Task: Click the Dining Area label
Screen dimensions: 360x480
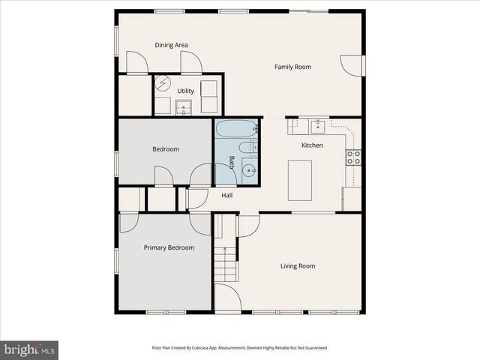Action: pos(171,45)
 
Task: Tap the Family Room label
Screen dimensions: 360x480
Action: pos(292,67)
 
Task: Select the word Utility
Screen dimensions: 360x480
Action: pos(185,91)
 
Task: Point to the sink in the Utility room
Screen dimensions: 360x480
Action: pos(184,108)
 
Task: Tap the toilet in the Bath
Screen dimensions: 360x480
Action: pos(248,148)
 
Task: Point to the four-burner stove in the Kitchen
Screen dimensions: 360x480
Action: pos(352,157)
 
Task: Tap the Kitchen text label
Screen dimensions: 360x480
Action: pos(312,145)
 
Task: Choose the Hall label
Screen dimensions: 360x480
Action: pos(226,196)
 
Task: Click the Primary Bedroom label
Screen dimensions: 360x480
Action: pos(169,247)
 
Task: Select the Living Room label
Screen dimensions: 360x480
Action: pos(298,265)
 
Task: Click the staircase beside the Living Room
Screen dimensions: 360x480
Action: pos(225,262)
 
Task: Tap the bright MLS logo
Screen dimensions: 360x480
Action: pos(29,349)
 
